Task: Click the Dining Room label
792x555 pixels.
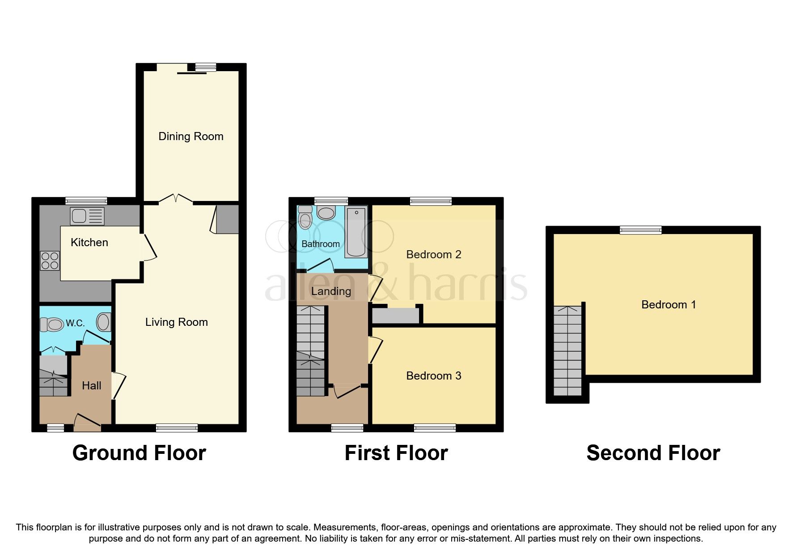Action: (191, 137)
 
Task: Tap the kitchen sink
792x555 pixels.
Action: (87, 216)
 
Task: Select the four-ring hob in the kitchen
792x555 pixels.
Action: (50, 261)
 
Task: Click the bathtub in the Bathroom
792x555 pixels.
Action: (356, 231)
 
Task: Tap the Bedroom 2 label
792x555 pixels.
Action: (433, 255)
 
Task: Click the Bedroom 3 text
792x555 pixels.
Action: (433, 376)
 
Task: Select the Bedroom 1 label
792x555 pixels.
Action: (668, 305)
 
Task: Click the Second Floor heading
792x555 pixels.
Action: (653, 453)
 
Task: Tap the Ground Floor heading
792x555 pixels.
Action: (139, 453)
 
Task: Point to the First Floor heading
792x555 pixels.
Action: (396, 453)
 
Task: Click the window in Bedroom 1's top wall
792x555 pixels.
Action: (640, 230)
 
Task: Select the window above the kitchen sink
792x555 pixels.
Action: (86, 201)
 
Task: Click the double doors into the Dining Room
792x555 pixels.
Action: (176, 199)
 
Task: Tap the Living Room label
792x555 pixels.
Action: (176, 322)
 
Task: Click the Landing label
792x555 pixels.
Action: (331, 291)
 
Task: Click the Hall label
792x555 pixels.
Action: (91, 386)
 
